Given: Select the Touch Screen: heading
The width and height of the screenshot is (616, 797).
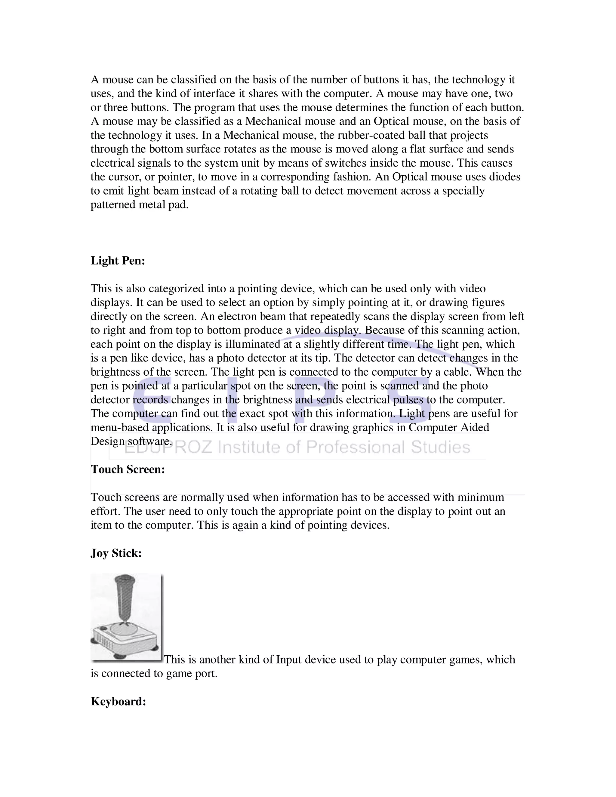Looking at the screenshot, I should (x=128, y=469).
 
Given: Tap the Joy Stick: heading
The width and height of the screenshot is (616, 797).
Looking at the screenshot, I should (x=116, y=553).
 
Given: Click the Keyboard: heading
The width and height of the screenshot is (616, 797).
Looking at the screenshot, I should (x=118, y=701).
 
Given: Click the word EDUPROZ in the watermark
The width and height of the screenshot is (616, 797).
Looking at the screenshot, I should (x=168, y=448).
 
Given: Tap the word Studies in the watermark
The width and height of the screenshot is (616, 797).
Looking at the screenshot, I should (x=440, y=448).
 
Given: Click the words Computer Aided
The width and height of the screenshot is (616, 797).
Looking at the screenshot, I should (x=448, y=427).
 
